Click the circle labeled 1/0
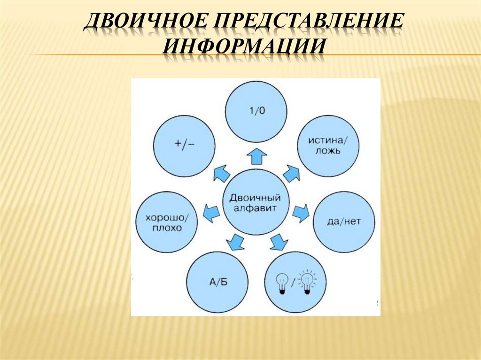pos(256,111)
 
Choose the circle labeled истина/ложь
pos(328,146)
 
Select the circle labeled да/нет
pos(344,221)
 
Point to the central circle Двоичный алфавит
pos(256,202)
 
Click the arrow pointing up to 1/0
pos(256,155)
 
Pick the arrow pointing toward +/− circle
pos(221,174)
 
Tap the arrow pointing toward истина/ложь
pos(291,174)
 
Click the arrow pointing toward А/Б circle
pos(235,242)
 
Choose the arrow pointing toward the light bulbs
pos(278,242)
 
